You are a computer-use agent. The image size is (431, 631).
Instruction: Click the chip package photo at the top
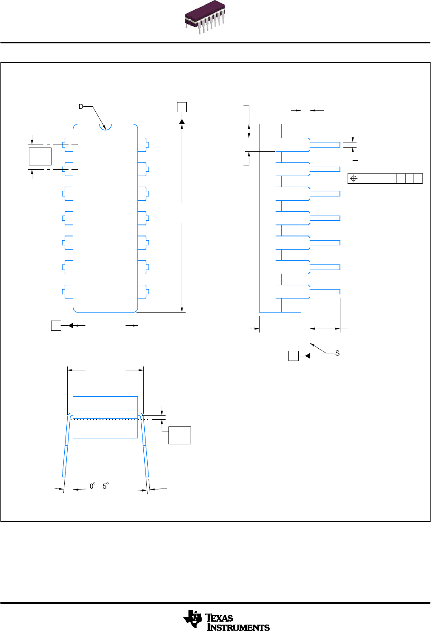205,18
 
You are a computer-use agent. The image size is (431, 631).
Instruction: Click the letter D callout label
81,107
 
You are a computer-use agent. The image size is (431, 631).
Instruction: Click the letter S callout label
337,353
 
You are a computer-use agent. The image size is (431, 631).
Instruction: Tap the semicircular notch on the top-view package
105,126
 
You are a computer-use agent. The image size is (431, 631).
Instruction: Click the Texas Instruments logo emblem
192,619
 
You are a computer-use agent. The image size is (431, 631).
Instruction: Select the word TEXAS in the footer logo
219,617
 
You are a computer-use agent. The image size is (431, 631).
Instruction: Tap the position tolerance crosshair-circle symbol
354,179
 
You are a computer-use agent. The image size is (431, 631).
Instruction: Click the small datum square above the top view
182,107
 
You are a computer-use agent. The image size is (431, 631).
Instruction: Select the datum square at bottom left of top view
56,326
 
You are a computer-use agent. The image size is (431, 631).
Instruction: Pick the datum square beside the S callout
294,356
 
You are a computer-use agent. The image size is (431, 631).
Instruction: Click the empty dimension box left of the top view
40,156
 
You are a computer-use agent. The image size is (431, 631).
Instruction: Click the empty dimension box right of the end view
180,435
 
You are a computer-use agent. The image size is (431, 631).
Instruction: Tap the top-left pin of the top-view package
67,145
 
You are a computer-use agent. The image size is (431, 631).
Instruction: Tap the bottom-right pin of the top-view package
143,292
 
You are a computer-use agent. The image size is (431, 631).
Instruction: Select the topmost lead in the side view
308,145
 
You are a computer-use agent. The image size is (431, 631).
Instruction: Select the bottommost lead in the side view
308,292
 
